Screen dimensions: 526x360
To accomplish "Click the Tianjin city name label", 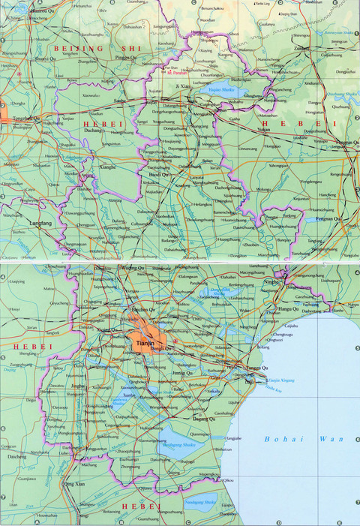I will [x=145, y=343].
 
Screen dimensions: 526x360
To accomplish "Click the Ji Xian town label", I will [x=184, y=87].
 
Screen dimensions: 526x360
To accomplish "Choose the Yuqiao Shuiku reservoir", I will [x=221, y=94].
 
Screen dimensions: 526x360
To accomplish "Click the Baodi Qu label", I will [x=160, y=175].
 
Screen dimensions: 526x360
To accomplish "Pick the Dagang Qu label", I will [x=204, y=418].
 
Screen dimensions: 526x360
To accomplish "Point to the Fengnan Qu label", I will [x=327, y=219].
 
